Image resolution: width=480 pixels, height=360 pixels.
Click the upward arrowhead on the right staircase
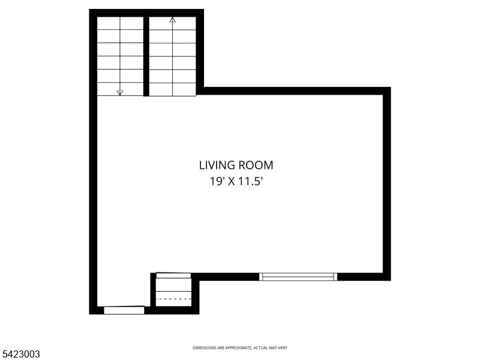tap(173, 20)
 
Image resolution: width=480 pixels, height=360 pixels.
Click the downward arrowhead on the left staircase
tap(120, 92)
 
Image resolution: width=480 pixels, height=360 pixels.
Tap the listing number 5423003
tap(21, 355)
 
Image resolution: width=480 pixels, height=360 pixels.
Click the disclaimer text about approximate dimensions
tap(239, 348)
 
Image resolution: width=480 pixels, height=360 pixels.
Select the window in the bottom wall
tap(298, 277)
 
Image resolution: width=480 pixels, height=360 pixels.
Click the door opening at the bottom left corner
tap(124, 310)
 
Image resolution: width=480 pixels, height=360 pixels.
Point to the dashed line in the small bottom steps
tap(173, 298)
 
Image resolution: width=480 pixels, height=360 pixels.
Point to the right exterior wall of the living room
tap(387, 183)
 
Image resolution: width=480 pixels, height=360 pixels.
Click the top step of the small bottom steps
tap(173, 275)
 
